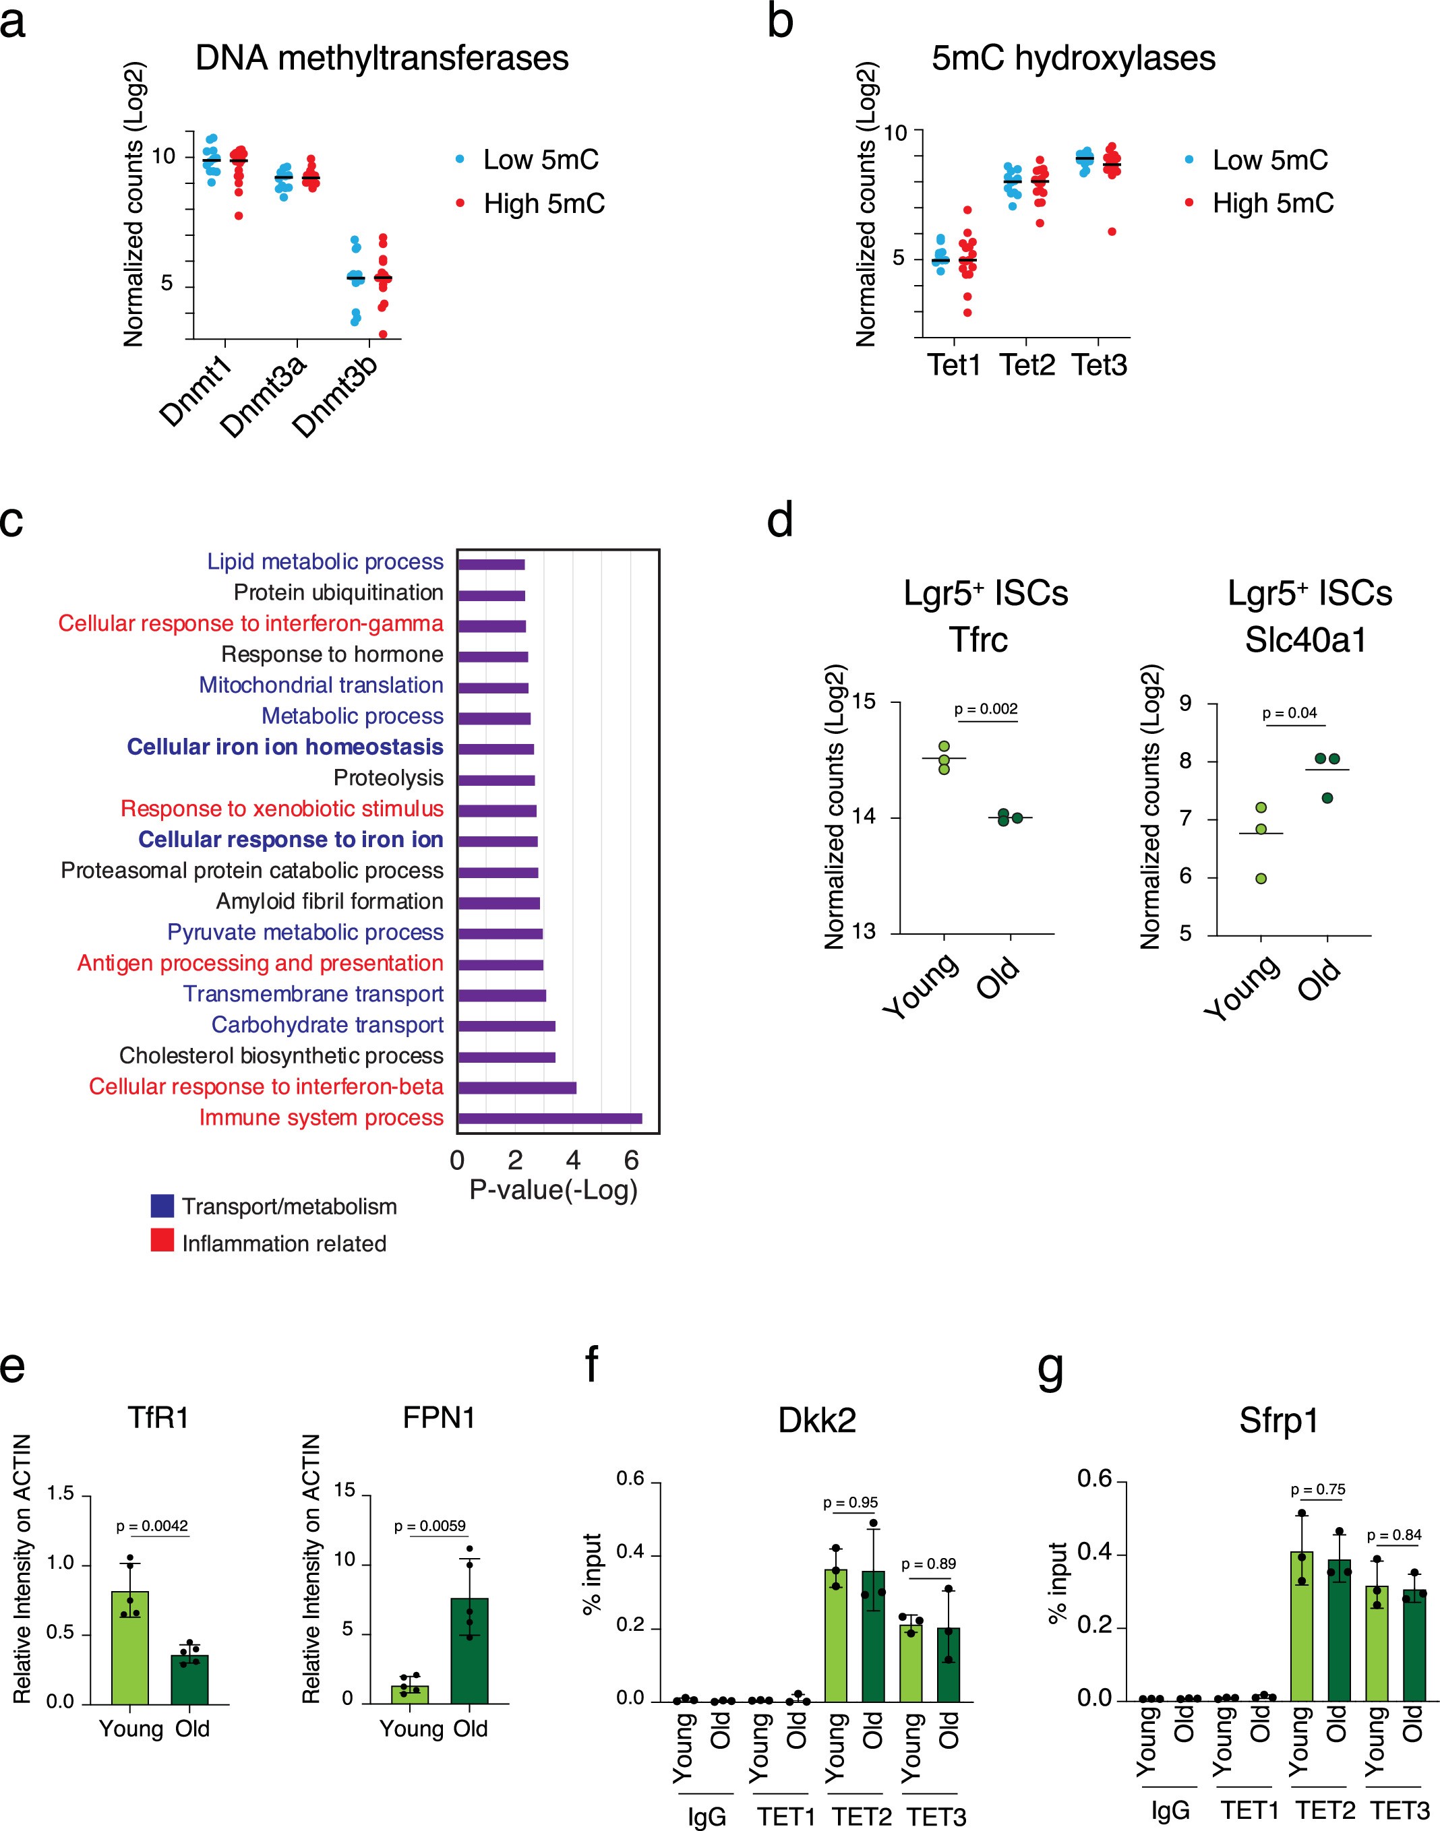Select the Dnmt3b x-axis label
[x=334, y=395]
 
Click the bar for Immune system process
[x=549, y=1118]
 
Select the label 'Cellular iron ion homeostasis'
[x=285, y=747]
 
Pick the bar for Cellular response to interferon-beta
[x=517, y=1087]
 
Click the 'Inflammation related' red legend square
[x=162, y=1241]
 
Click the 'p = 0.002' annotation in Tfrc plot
[x=986, y=710]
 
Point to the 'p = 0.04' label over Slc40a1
[x=1289, y=713]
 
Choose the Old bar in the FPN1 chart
[x=469, y=1650]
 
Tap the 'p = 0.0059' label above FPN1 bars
[x=430, y=1526]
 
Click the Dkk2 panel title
[x=816, y=1421]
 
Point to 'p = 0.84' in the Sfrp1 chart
[x=1393, y=1535]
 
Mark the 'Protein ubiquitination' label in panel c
[x=338, y=592]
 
